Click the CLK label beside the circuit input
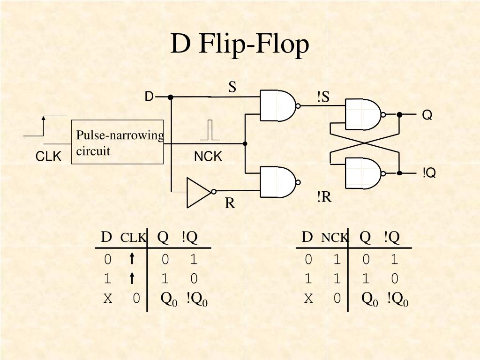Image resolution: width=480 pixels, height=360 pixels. pos(48,156)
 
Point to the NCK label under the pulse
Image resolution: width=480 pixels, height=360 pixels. pos(208,157)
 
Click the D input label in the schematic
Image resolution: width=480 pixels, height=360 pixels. pos(149,97)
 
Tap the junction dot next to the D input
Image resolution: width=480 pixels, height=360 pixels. pos(171,97)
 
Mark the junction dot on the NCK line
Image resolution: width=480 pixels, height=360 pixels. pos(245,143)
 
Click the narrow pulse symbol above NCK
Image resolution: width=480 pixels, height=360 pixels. pos(210,130)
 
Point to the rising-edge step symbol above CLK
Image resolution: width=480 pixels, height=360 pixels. pos(45,126)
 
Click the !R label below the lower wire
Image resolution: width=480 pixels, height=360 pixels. pos(324,197)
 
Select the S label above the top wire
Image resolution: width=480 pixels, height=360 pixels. pos(232,87)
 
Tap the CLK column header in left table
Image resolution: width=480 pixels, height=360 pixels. pos(133,238)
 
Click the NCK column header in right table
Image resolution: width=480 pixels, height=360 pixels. pos(334,238)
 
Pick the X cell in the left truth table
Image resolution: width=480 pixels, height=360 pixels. pos(108,298)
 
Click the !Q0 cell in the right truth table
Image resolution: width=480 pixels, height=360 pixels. pos(397,299)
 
